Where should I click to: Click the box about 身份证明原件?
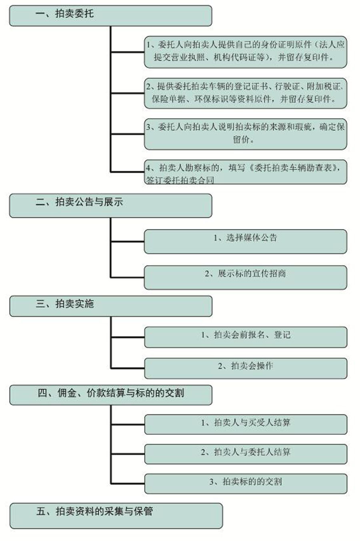tap(246, 52)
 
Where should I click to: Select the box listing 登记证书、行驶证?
tap(246, 93)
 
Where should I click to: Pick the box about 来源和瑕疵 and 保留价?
tap(246, 134)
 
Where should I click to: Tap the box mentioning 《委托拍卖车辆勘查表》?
tap(246, 172)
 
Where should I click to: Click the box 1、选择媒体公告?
tap(246, 242)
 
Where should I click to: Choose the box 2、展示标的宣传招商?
tap(246, 277)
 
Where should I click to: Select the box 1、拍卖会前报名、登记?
tap(246, 337)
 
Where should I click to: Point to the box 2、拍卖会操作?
tap(246, 368)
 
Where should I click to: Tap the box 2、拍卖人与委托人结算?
tap(246, 454)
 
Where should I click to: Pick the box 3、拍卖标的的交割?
tap(246, 484)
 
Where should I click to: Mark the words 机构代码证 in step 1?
tap(235, 57)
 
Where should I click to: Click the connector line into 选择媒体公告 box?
tap(127, 241)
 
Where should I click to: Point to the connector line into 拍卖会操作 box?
tap(128, 368)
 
